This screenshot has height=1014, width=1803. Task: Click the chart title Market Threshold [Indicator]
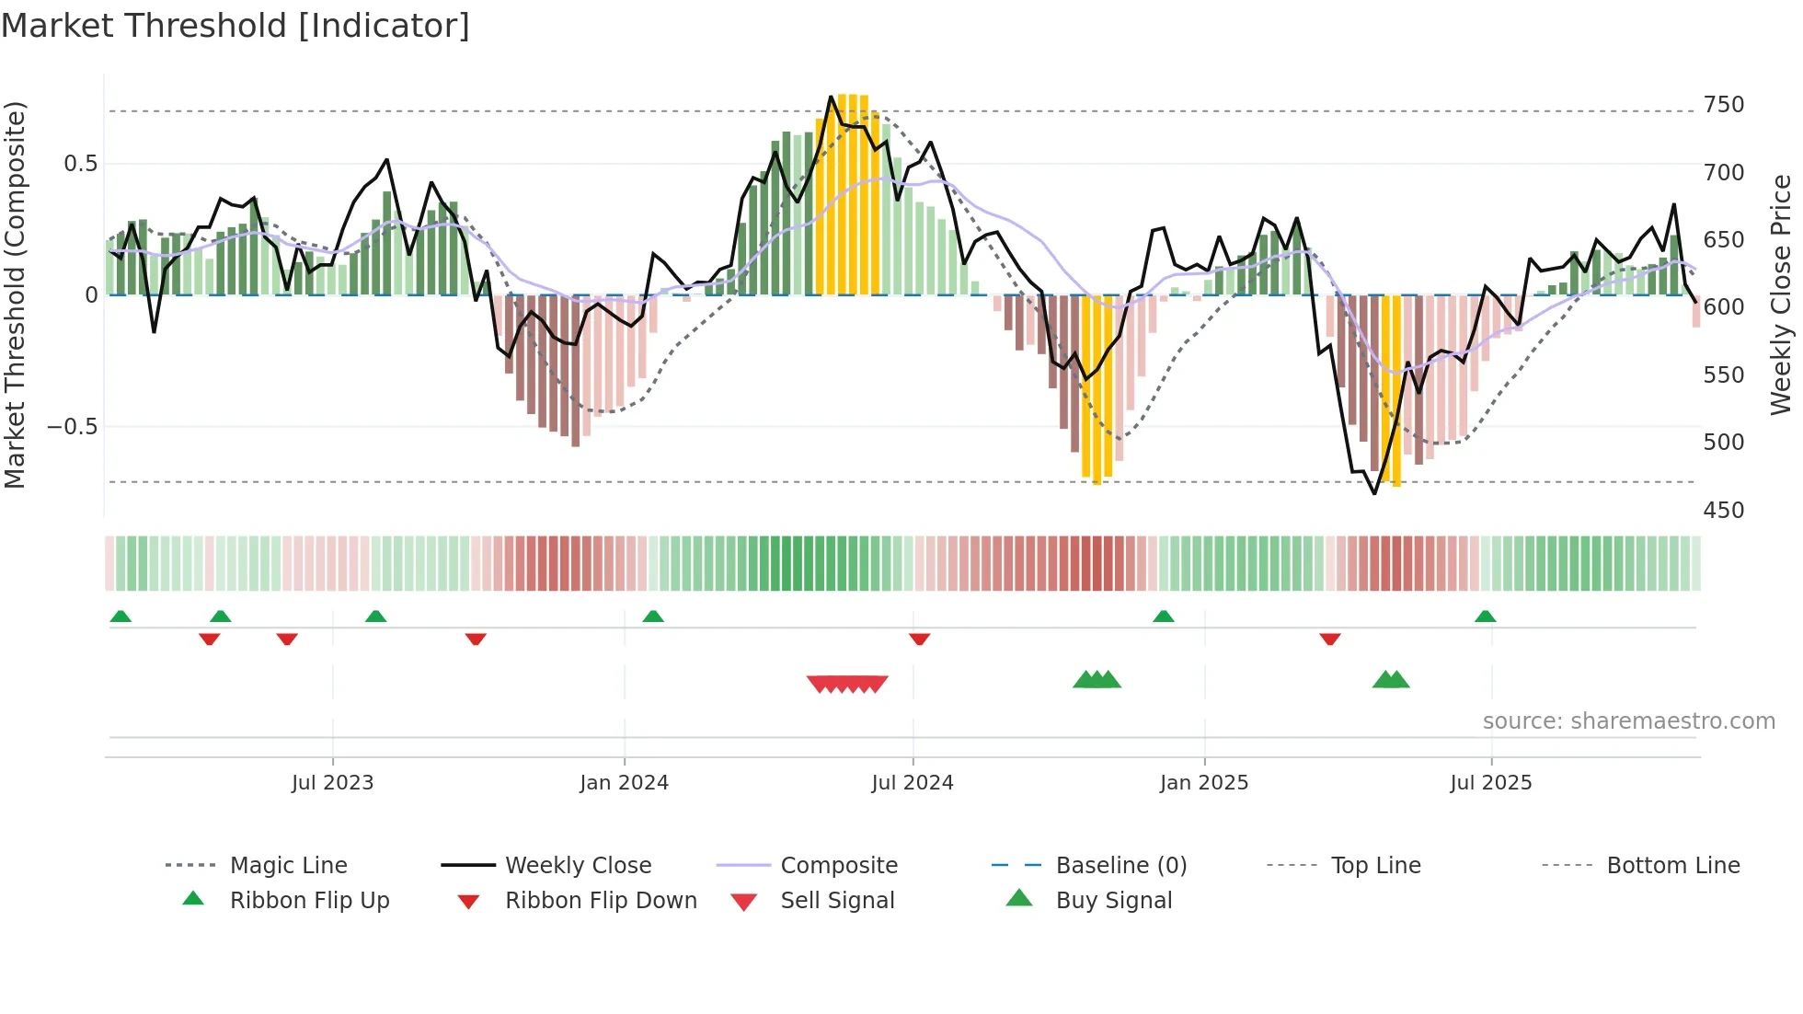[x=235, y=26]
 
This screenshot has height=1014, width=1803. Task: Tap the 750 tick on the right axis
[x=1723, y=105]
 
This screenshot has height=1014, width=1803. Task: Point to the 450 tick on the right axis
[x=1723, y=511]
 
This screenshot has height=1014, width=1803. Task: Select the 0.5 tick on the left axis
[x=80, y=164]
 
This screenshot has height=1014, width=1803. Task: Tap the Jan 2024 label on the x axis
[x=624, y=783]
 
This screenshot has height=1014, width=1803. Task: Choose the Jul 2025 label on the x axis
[x=1490, y=783]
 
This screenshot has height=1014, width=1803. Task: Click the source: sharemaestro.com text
[x=1628, y=721]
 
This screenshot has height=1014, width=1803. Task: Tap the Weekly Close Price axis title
[x=1781, y=294]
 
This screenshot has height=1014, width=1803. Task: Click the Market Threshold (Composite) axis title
[x=15, y=294]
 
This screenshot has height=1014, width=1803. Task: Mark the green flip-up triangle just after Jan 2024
[x=653, y=616]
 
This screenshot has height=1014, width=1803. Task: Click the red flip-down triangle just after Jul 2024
[x=919, y=639]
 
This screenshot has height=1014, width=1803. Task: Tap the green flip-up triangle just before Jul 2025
[x=1485, y=616]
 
